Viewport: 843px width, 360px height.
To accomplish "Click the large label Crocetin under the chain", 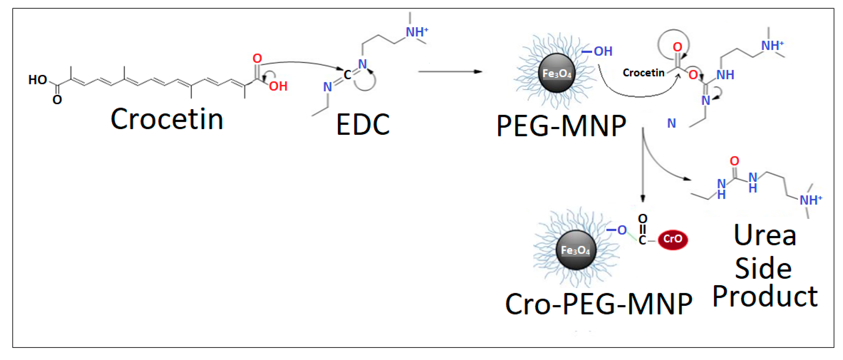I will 167,119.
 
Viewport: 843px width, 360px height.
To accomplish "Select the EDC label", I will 363,125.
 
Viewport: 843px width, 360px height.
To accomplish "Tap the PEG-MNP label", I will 561,126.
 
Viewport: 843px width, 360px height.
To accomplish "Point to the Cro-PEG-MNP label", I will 599,304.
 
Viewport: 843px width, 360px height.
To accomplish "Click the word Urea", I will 765,235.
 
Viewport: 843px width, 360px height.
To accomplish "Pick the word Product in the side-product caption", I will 765,296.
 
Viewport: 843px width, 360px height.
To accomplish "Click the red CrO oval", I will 673,239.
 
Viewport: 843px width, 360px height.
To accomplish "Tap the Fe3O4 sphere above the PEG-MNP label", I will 557,73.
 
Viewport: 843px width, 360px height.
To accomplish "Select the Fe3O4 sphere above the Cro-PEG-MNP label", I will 575,250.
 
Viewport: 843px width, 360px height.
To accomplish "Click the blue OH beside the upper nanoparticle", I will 603,51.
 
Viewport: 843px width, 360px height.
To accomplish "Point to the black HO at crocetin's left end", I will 38,80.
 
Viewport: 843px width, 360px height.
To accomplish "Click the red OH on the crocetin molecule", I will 278,86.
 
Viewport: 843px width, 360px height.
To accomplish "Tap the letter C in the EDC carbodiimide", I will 347,75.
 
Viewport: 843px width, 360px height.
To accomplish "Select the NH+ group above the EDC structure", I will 417,32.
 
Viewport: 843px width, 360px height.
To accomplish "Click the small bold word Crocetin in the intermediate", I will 643,73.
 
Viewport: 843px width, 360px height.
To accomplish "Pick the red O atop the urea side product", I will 734,161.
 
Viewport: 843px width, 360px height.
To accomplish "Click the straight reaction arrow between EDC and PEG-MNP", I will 450,72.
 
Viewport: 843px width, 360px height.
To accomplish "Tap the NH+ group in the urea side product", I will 810,200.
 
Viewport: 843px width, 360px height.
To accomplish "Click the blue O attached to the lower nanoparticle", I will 622,230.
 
